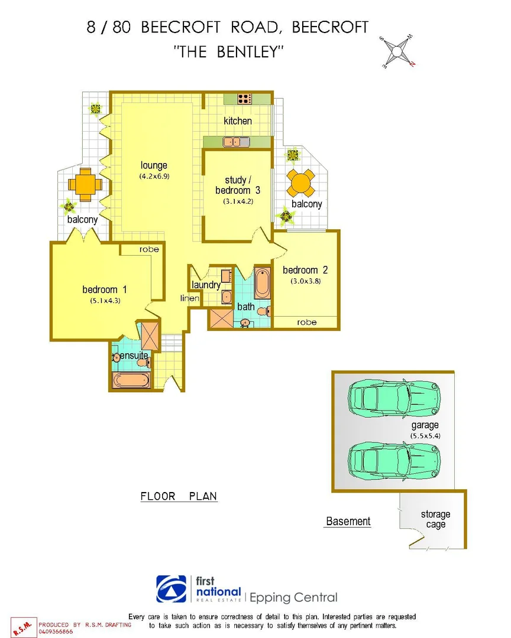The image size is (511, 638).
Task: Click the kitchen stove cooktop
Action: pyautogui.click(x=245, y=99)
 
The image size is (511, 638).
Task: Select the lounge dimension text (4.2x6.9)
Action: pyautogui.click(x=154, y=176)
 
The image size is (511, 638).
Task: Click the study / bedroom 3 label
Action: pyautogui.click(x=242, y=185)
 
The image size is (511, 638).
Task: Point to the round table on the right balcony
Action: pyautogui.click(x=301, y=184)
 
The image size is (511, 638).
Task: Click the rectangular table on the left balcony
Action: pyautogui.click(x=85, y=184)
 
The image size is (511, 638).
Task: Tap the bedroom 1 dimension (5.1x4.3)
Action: pyautogui.click(x=105, y=300)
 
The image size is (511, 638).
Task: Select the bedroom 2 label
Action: pyautogui.click(x=305, y=270)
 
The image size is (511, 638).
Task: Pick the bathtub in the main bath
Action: pyautogui.click(x=261, y=284)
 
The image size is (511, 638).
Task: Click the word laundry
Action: pyautogui.click(x=206, y=285)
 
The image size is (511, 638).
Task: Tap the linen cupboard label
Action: pyautogui.click(x=190, y=298)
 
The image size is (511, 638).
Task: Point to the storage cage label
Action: pyautogui.click(x=436, y=519)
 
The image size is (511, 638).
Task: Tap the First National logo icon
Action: pyautogui.click(x=171, y=589)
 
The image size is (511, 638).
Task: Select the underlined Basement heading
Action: pyautogui.click(x=348, y=521)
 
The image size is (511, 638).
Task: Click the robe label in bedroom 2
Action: pyautogui.click(x=307, y=322)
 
